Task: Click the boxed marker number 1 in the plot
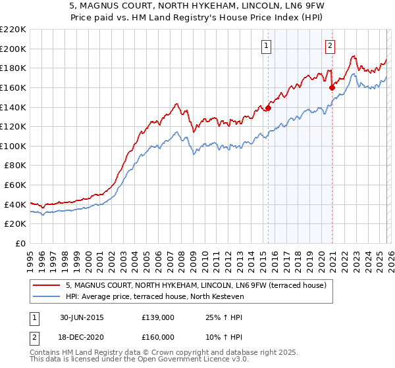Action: [267, 45]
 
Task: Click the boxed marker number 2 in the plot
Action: [330, 45]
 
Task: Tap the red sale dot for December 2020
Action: [332, 87]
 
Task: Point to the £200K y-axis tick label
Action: [13, 49]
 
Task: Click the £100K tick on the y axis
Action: [13, 146]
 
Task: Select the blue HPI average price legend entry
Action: [155, 297]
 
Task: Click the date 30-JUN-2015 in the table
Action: [81, 317]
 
